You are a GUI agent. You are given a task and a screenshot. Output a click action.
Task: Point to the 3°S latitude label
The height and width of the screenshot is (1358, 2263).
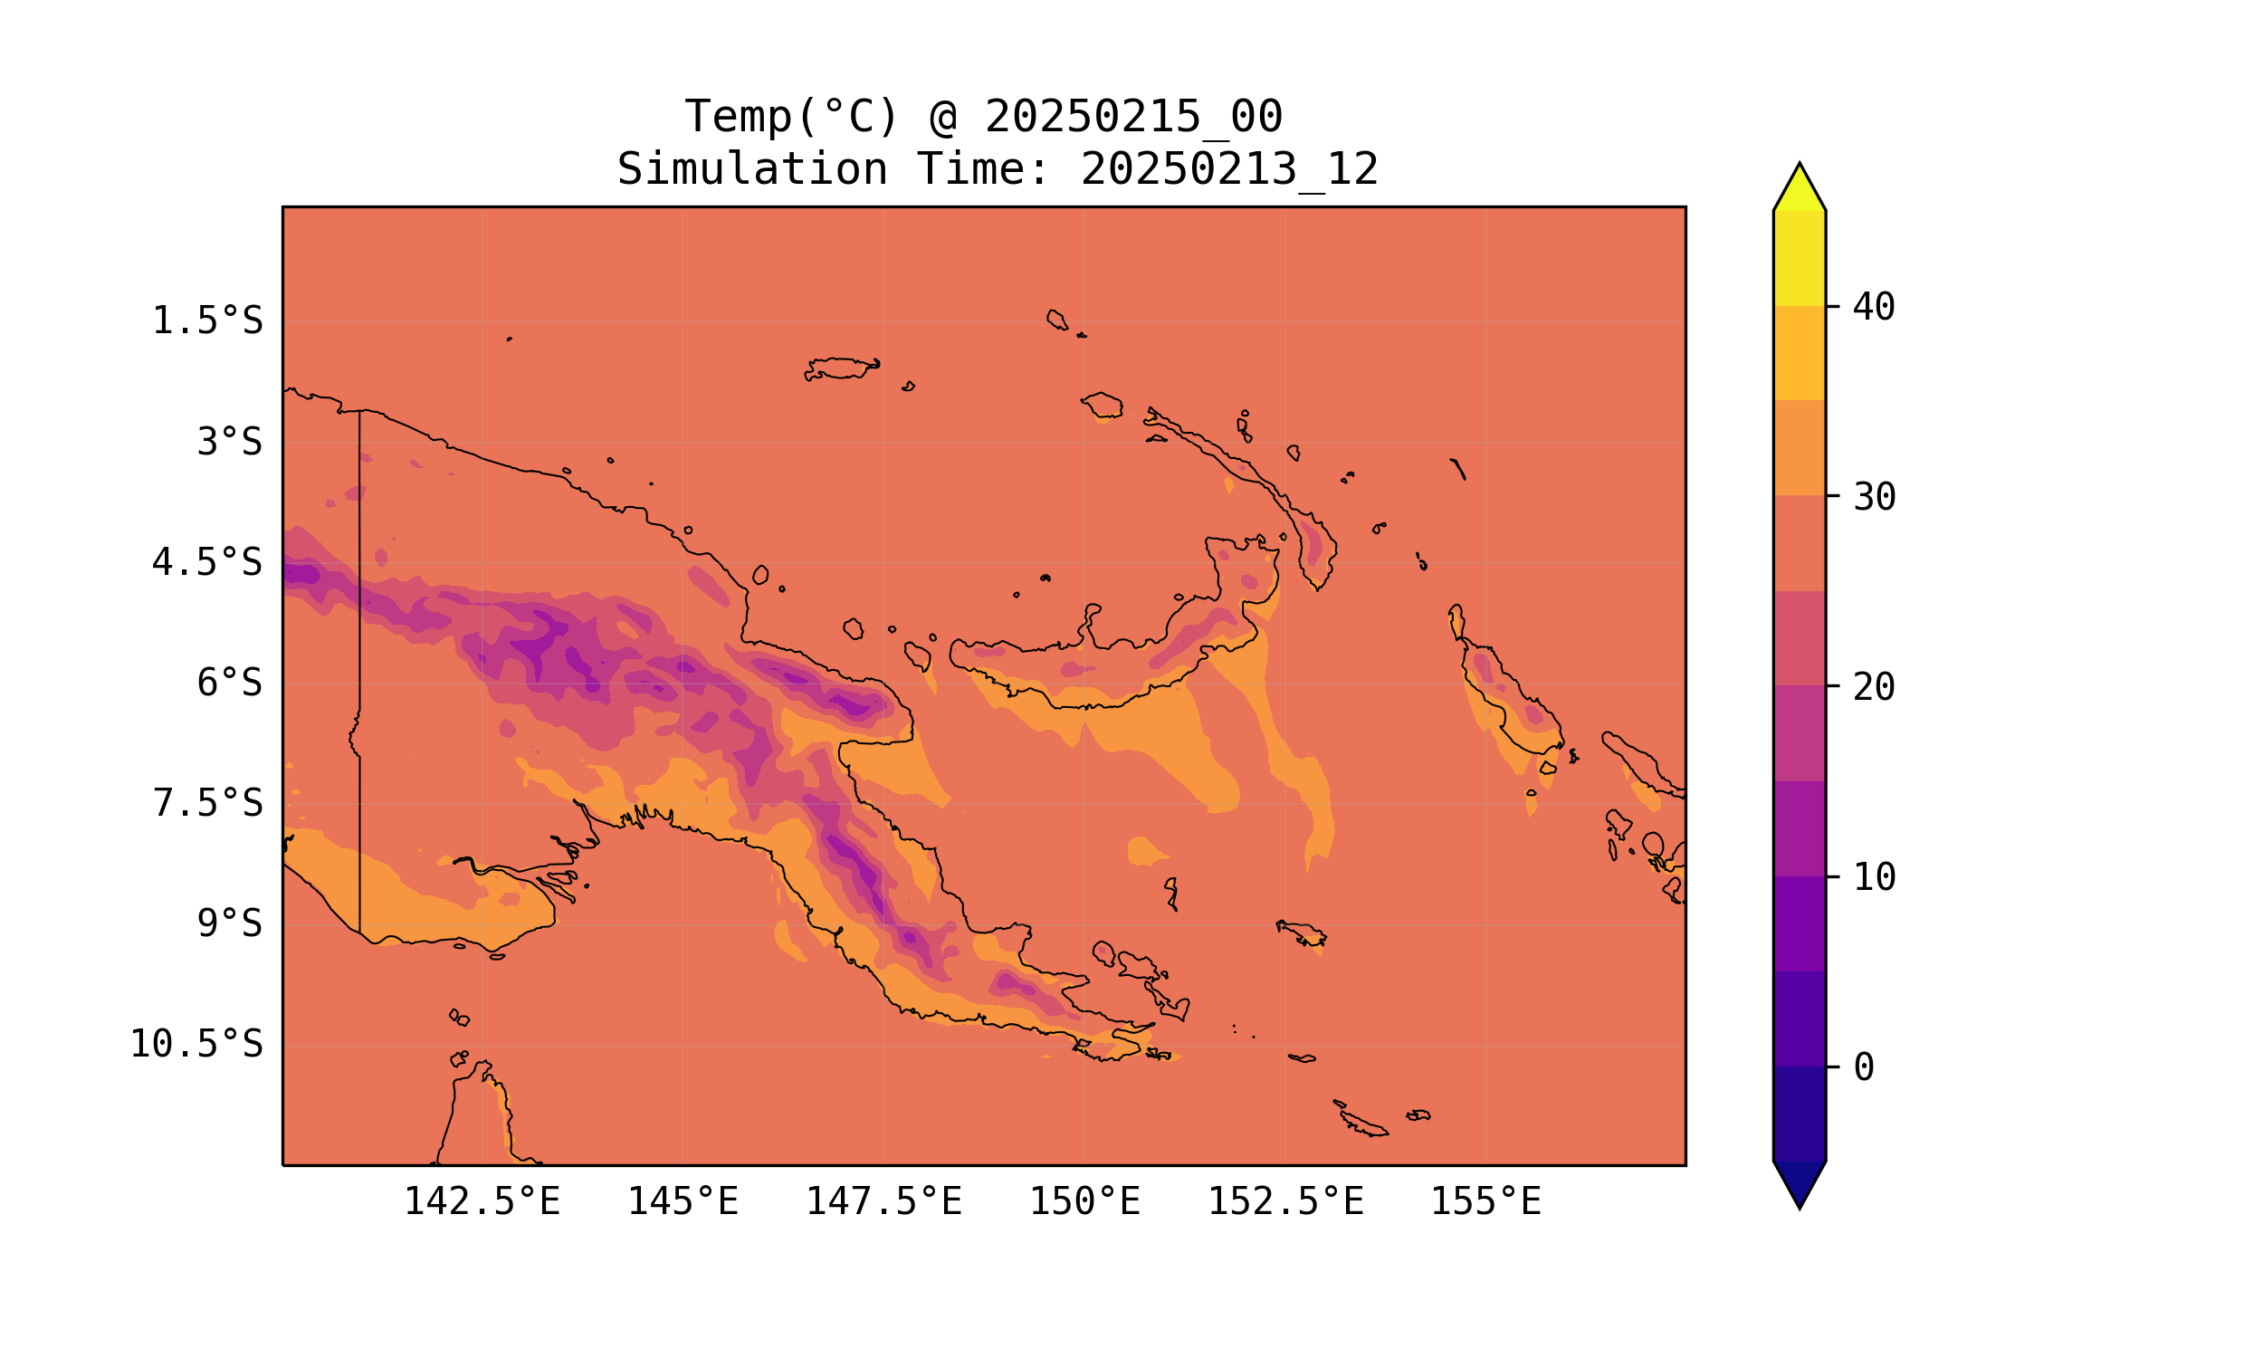coord(230,442)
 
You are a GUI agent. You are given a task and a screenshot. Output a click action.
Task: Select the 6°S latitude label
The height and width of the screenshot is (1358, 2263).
coord(230,683)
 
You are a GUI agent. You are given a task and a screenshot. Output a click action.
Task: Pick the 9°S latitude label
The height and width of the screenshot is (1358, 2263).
coord(230,924)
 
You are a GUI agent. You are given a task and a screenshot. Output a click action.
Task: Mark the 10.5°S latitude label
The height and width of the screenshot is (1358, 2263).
coord(196,1044)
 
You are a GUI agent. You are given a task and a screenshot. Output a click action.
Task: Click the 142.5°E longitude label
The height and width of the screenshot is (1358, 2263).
coord(482,1202)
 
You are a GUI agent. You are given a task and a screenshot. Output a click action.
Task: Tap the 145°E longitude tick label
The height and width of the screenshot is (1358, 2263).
coord(683,1202)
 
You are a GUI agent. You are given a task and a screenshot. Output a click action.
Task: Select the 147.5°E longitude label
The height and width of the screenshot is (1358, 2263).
coord(883,1202)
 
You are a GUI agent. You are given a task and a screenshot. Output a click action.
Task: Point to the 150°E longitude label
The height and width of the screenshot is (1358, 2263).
coord(1084,1202)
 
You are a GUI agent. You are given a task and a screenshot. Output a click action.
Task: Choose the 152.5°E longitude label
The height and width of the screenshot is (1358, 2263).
coord(1285,1202)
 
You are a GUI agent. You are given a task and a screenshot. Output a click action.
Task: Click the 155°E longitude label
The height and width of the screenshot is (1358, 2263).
coord(1485,1202)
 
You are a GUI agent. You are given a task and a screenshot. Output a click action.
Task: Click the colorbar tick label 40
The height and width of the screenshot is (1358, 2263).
coord(1875,308)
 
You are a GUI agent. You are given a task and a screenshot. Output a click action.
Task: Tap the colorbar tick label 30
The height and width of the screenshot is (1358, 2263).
coord(1875,498)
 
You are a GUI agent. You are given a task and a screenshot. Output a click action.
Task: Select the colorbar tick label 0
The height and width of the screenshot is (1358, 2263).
coord(1863,1068)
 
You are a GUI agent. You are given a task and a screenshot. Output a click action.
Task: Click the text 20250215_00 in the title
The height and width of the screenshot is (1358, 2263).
coord(1133,117)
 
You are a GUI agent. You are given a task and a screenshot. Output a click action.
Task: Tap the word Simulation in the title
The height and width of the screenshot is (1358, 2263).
coord(752,170)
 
